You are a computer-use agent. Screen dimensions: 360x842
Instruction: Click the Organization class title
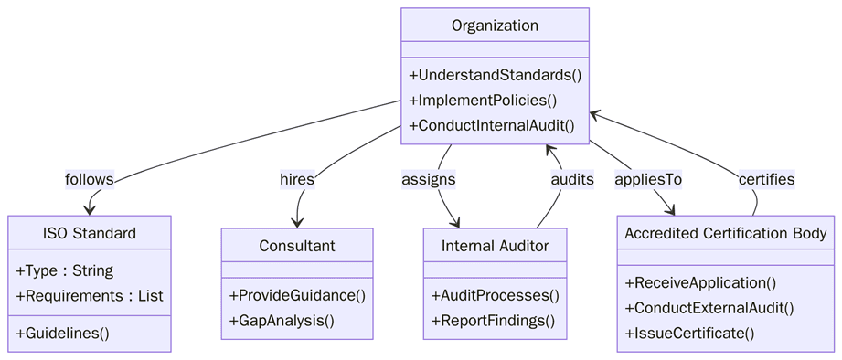[495, 26]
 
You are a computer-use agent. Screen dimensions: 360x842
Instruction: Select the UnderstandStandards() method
[495, 75]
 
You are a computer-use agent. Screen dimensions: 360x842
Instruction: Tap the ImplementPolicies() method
[483, 101]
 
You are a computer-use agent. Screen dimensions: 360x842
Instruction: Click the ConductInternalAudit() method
[492, 126]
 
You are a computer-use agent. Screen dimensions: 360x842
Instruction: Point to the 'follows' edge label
[90, 179]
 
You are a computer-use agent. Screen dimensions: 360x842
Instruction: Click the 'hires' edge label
[297, 179]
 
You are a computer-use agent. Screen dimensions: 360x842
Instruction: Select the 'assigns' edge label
[429, 179]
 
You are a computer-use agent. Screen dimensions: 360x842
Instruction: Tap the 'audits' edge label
[572, 179]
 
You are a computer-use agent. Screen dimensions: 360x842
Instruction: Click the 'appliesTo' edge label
[648, 179]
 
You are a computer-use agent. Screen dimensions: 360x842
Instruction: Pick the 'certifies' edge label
[766, 179]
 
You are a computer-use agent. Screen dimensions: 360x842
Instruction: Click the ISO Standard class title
[90, 233]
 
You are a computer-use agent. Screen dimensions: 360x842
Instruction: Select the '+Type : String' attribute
[65, 271]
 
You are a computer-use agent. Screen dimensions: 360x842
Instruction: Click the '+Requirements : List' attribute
[90, 296]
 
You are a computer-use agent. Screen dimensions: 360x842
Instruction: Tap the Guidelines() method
[63, 334]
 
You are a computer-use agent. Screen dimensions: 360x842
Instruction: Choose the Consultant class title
[297, 246]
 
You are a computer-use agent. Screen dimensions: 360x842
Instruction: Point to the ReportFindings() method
[493, 321]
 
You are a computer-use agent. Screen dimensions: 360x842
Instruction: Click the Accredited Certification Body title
[726, 233]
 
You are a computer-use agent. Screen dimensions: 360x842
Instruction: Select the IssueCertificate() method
[689, 334]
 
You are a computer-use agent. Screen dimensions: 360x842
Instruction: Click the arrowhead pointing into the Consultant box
[297, 222]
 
